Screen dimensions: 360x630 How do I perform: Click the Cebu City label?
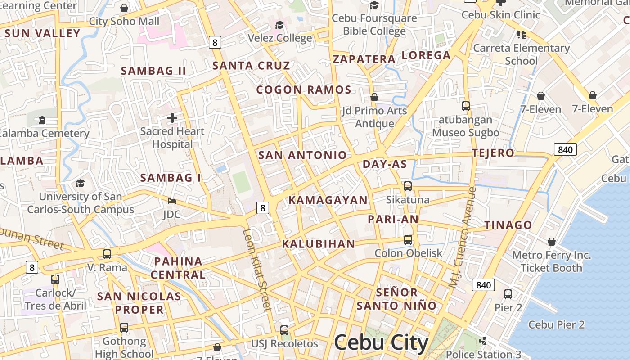pos(381,343)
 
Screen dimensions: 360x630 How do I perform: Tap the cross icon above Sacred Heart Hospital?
pos(172,118)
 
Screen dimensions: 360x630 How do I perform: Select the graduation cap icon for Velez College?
pos(280,25)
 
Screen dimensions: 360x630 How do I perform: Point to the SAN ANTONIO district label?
pos(302,155)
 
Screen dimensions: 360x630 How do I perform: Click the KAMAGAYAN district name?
pos(328,200)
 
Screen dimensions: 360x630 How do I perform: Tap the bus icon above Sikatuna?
pos(408,186)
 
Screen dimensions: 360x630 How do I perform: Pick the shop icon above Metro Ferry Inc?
pos(552,242)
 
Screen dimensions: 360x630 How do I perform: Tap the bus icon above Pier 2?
pos(508,294)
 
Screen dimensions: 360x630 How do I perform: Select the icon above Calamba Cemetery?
pos(42,120)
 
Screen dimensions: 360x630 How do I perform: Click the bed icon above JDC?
pos(171,201)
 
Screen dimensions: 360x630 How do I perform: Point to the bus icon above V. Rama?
pos(107,254)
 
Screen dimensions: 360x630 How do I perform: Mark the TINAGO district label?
pos(508,225)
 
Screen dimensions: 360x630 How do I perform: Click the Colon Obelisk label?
pos(409,253)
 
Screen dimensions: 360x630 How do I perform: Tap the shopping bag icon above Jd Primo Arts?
pos(374,97)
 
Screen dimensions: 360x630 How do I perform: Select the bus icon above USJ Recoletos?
pos(284,330)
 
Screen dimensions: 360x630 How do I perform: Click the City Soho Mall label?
pos(124,21)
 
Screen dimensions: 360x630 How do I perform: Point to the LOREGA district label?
pos(426,55)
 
